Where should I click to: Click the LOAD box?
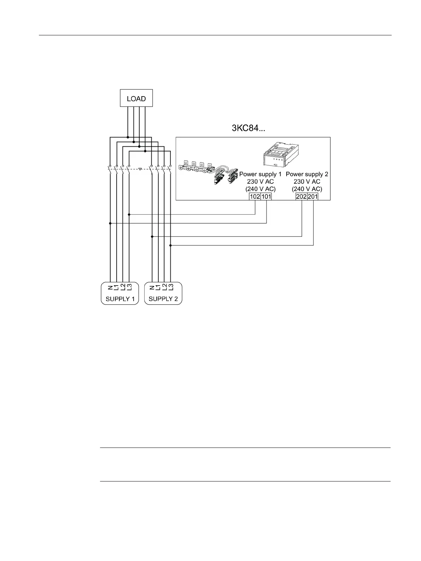(136, 98)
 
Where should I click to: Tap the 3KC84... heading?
(248, 128)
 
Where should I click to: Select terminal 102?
(255, 197)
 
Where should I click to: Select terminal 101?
(266, 197)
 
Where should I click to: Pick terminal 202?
(301, 197)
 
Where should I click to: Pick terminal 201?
(313, 197)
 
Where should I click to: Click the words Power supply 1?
(260, 174)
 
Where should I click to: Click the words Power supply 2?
(307, 174)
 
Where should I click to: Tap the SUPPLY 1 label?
(120, 299)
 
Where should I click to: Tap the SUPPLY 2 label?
(163, 299)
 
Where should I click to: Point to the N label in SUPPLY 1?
(111, 287)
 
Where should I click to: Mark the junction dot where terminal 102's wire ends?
(129, 215)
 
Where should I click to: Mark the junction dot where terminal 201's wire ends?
(170, 245)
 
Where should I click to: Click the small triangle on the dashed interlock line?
(140, 169)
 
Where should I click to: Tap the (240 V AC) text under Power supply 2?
(307, 189)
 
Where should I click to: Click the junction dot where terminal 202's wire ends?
(152, 236)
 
